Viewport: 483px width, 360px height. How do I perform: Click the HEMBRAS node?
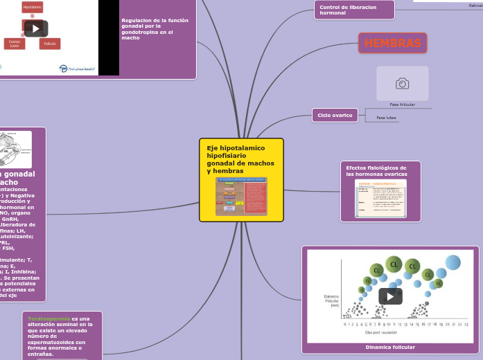(392, 43)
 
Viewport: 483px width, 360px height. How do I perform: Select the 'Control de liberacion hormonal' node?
(354, 10)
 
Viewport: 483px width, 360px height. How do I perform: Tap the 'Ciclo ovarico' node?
(335, 115)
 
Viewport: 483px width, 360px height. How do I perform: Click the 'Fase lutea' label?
(386, 118)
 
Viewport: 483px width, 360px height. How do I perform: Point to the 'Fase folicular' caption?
(402, 105)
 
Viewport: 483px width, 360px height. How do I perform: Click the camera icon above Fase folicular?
(402, 84)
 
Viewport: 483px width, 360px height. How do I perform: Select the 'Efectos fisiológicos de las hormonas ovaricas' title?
(376, 171)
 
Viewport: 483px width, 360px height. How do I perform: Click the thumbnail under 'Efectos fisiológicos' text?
(380, 199)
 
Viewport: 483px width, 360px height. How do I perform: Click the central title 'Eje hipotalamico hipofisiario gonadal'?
(240, 159)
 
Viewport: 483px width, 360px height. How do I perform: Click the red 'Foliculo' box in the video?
(50, 44)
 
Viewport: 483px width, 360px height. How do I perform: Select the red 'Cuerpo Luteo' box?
(14, 44)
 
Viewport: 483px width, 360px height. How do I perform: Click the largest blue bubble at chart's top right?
(453, 262)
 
